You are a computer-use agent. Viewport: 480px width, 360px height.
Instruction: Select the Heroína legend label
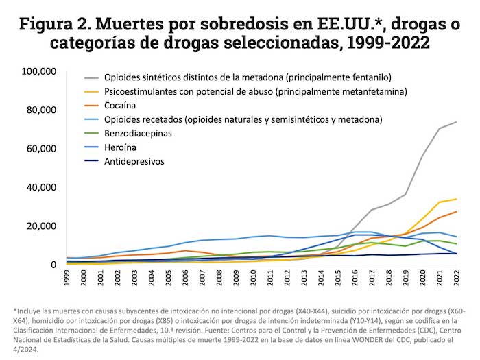point(121,147)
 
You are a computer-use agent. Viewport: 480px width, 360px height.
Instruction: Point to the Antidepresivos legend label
point(135,162)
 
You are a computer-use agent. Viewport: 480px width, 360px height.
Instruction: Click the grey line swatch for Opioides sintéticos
point(91,77)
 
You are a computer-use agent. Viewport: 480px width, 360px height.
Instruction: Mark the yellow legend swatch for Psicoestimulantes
point(91,92)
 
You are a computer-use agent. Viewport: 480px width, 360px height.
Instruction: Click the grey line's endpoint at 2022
point(456,122)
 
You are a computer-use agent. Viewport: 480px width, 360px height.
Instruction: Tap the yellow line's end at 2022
point(456,199)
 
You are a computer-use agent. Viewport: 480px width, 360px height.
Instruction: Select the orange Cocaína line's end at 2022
point(456,211)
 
